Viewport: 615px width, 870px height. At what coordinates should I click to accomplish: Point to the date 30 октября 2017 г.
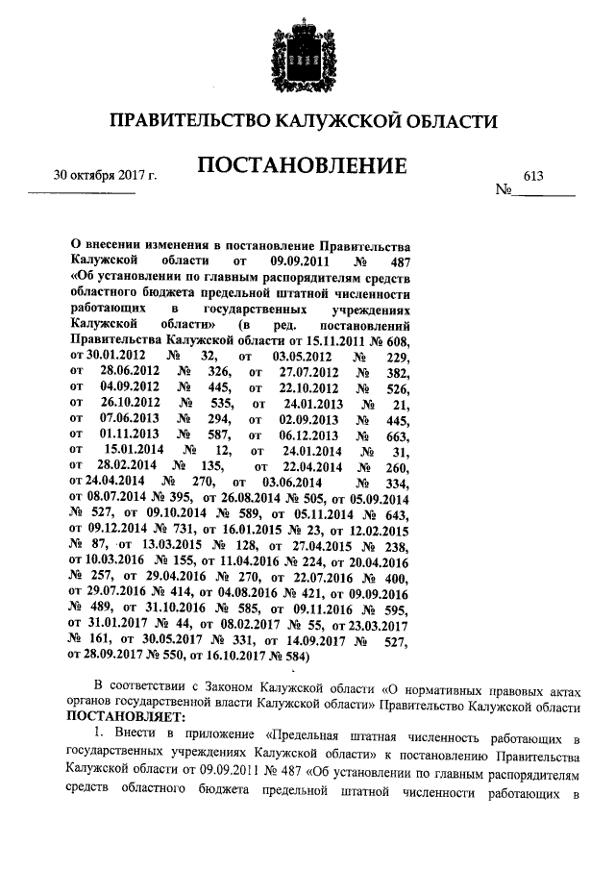(105, 175)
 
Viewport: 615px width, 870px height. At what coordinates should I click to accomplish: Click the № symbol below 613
(504, 191)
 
